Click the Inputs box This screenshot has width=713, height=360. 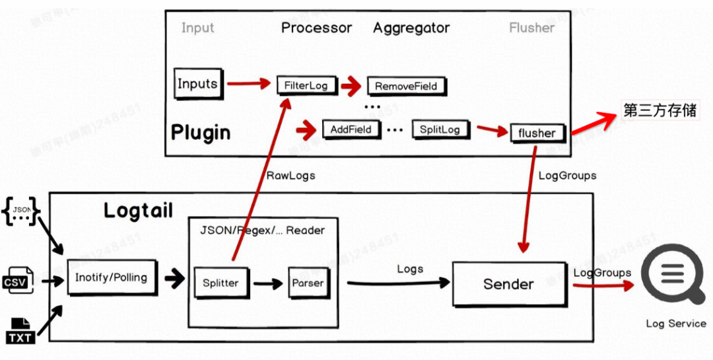click(x=197, y=84)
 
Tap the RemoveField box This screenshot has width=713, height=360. click(x=406, y=86)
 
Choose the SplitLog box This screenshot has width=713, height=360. click(x=440, y=129)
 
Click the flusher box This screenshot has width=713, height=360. click(x=537, y=133)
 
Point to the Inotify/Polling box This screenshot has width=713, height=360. click(x=111, y=277)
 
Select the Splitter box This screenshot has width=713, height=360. click(x=221, y=283)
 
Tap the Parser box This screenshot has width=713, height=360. click(x=308, y=283)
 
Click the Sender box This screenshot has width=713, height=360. click(x=508, y=283)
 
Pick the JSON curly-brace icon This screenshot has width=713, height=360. click(x=21, y=211)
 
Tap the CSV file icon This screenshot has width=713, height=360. click(x=20, y=280)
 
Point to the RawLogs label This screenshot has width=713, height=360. click(x=290, y=176)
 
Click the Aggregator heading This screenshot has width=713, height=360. click(x=411, y=28)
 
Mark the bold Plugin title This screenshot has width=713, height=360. click(x=201, y=132)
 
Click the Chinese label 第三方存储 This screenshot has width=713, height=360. click(x=660, y=110)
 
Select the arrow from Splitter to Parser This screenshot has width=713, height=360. click(x=267, y=283)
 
